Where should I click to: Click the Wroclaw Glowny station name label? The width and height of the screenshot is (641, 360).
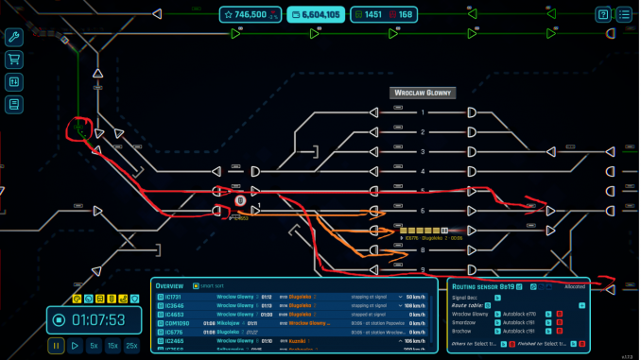point(423,94)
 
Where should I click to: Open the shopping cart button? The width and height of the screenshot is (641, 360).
point(13,60)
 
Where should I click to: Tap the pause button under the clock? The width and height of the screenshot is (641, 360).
point(56,346)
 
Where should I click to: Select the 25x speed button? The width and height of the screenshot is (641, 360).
point(131,346)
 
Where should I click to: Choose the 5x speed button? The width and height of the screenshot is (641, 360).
point(94,346)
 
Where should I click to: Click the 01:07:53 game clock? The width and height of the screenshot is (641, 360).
point(98,319)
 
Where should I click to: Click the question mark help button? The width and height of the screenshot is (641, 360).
point(603,14)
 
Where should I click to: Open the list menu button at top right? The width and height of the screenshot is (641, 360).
point(624,14)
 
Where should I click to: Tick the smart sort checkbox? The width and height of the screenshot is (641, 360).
point(196,285)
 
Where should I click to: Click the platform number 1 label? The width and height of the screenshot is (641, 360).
point(424,112)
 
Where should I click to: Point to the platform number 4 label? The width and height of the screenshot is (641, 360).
point(424,171)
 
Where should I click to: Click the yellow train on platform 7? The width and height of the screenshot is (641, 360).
point(421,231)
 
